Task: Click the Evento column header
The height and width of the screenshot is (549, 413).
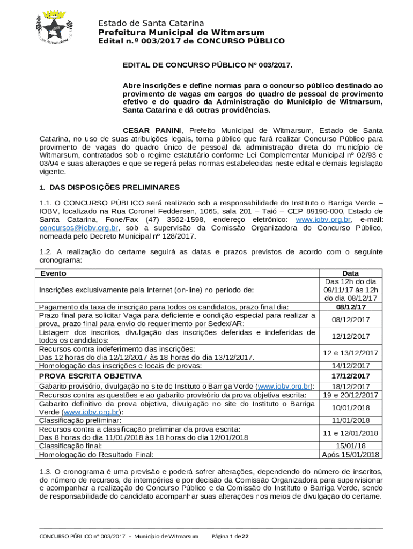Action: click(x=53, y=273)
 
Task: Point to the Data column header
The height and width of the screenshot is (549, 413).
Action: click(x=350, y=273)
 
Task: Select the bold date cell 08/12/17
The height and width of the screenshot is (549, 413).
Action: click(x=350, y=307)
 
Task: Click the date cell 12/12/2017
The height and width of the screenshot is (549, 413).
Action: click(x=350, y=336)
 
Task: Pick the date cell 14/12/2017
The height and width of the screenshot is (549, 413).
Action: click(x=350, y=366)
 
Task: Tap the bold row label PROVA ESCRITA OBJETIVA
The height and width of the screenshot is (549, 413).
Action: click(x=90, y=376)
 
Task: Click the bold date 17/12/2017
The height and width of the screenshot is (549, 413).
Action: click(x=350, y=376)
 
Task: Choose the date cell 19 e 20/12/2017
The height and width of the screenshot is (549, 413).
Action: click(x=350, y=395)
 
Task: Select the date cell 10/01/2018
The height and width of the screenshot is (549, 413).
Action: click(x=350, y=408)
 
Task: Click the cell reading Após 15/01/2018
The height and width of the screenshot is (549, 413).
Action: click(x=350, y=455)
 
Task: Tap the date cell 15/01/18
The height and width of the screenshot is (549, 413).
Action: click(x=350, y=445)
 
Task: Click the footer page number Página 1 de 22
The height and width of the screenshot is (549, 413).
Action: click(x=234, y=537)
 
